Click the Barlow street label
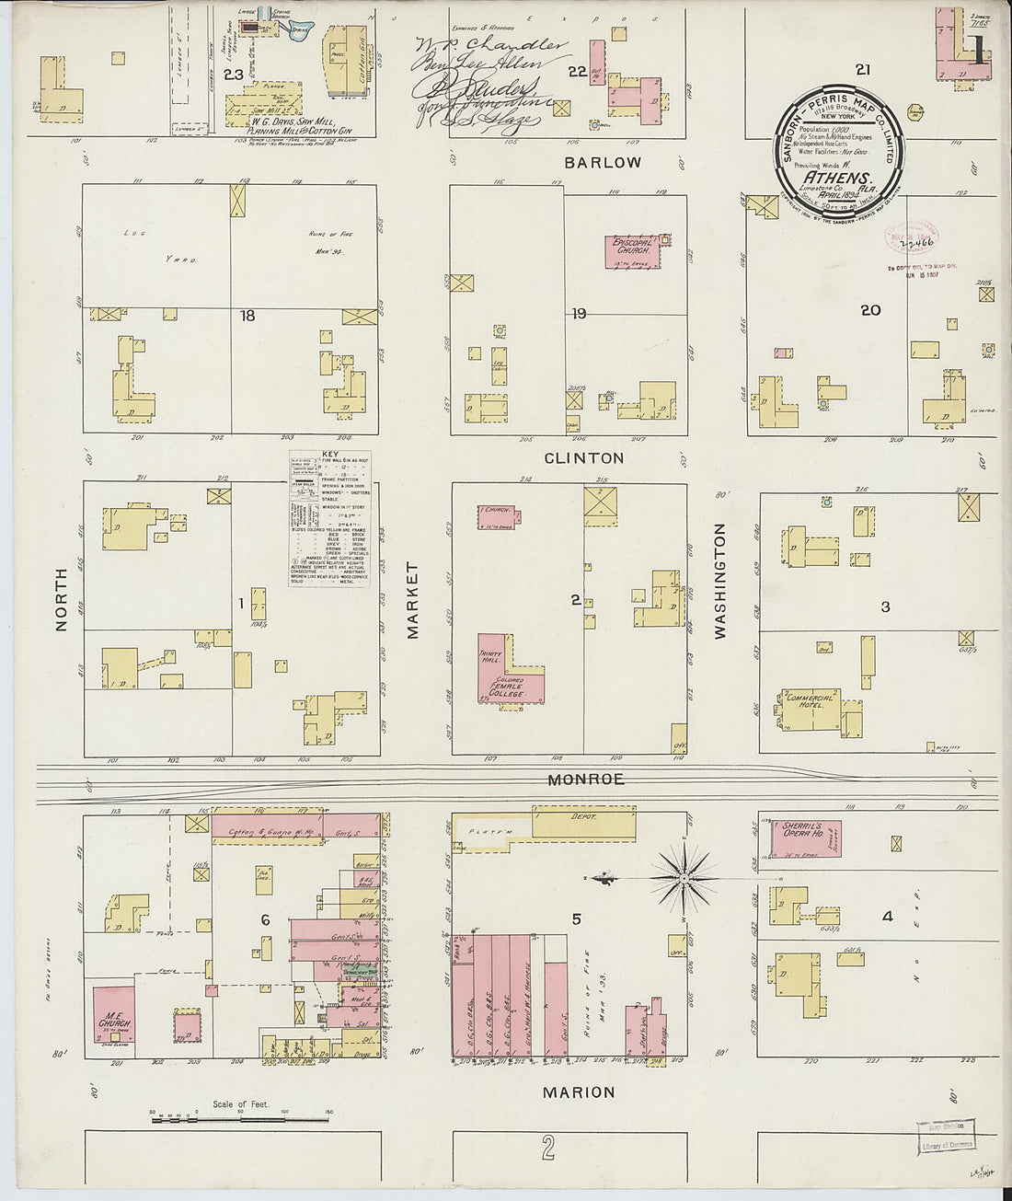(x=603, y=162)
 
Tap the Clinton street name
(x=583, y=457)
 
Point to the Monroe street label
(x=587, y=779)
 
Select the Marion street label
(x=578, y=1092)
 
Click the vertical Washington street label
(x=719, y=581)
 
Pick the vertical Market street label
(x=413, y=600)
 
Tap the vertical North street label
(x=62, y=598)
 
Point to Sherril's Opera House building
(x=805, y=837)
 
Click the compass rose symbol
(x=684, y=880)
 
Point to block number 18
(x=247, y=316)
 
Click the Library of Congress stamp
(x=945, y=1137)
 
